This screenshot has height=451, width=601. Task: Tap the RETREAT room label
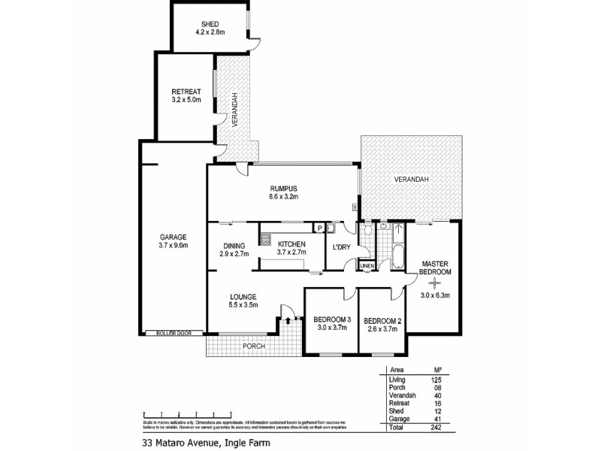pos(186,92)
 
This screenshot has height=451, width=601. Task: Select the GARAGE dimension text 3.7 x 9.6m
pos(173,245)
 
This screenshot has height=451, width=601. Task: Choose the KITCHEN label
pos(291,245)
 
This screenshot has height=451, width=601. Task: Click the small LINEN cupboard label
pos(367,266)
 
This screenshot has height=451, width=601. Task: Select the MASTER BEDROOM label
pos(435,268)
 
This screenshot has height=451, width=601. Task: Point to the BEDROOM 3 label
pos(331,321)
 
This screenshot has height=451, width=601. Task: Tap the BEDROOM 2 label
pos(384,321)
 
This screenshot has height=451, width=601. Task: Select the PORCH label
pos(252,347)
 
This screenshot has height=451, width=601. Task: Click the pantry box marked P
pos(319,228)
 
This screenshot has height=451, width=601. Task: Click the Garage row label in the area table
pos(398,417)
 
